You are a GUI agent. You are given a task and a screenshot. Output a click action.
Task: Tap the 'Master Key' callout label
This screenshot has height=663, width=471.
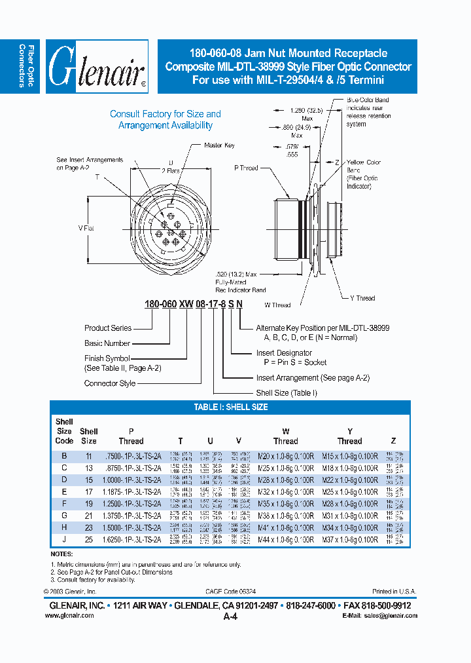218,145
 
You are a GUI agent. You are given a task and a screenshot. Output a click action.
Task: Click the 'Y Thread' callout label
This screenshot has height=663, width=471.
362,298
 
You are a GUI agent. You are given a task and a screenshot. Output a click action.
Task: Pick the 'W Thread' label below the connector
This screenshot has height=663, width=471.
277,305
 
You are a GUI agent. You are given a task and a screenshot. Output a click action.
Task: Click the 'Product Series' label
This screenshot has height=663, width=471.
108,328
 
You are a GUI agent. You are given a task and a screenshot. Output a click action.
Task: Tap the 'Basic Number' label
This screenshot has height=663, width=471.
107,343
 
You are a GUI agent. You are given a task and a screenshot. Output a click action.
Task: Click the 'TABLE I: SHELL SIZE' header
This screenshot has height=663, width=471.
230,407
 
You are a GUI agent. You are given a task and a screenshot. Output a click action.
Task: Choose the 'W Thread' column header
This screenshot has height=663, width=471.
285,436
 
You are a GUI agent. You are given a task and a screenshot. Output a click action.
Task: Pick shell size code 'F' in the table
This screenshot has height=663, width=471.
64,503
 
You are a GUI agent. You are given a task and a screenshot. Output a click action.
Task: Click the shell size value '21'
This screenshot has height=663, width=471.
88,516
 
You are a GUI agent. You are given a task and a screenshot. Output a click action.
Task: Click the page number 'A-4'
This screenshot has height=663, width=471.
230,616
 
